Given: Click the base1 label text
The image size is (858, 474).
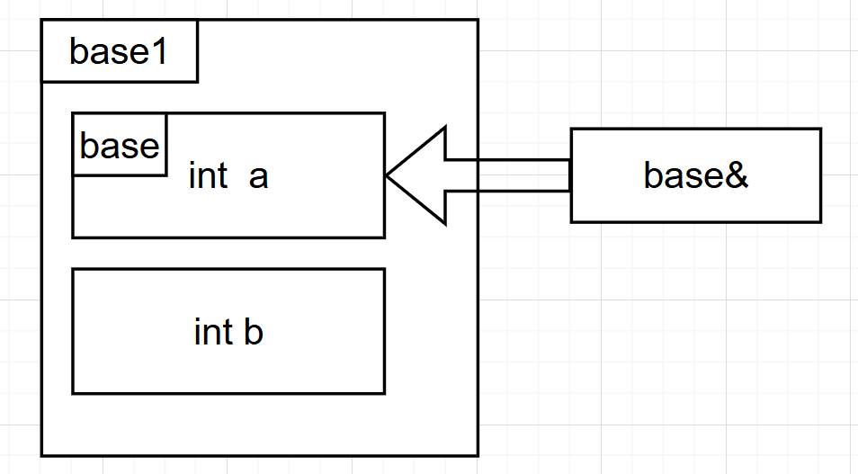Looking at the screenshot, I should click(118, 53).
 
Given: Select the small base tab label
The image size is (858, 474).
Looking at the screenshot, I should click(119, 145).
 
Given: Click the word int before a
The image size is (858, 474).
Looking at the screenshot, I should click(208, 176).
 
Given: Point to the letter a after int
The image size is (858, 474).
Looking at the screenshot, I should click(258, 177).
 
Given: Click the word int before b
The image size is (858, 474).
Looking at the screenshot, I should click(213, 332).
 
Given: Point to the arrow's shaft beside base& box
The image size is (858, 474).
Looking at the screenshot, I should click(508, 175).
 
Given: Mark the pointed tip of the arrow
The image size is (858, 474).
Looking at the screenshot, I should click(387, 175).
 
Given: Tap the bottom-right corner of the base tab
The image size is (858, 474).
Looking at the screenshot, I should click(166, 174).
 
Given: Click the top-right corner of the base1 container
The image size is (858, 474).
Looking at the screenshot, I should click(477, 20).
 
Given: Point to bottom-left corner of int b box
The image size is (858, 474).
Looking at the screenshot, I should click(73, 393).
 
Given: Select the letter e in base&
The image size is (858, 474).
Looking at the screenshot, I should click(711, 177).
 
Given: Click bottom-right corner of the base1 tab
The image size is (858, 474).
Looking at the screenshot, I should click(197, 82).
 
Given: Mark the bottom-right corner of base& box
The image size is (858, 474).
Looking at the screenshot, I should click(820, 221).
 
